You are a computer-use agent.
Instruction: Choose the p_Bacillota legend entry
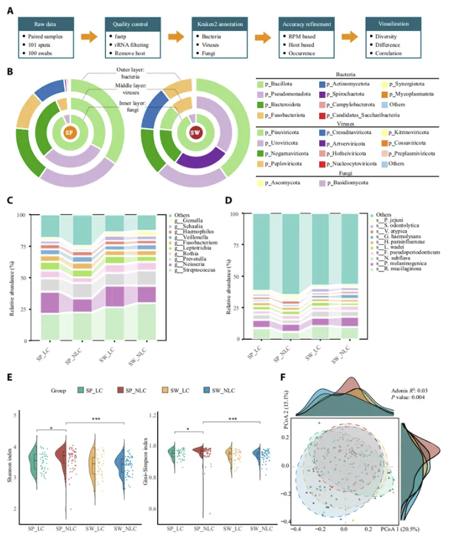(282, 85)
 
